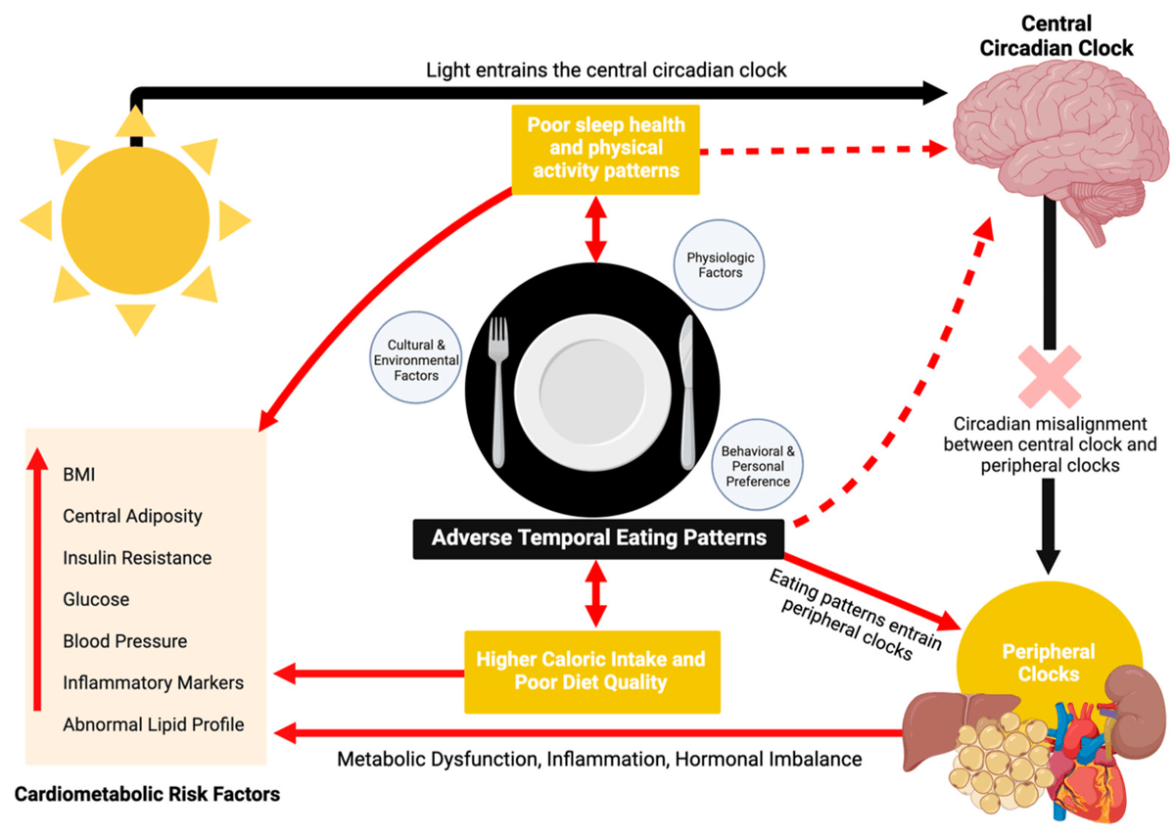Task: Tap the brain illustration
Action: coord(1042,137)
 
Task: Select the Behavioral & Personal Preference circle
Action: coord(755,466)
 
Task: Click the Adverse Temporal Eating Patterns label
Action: coord(598,537)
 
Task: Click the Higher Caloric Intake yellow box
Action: coord(590,671)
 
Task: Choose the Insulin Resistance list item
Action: coord(137,558)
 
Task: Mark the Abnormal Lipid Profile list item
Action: coord(153,725)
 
